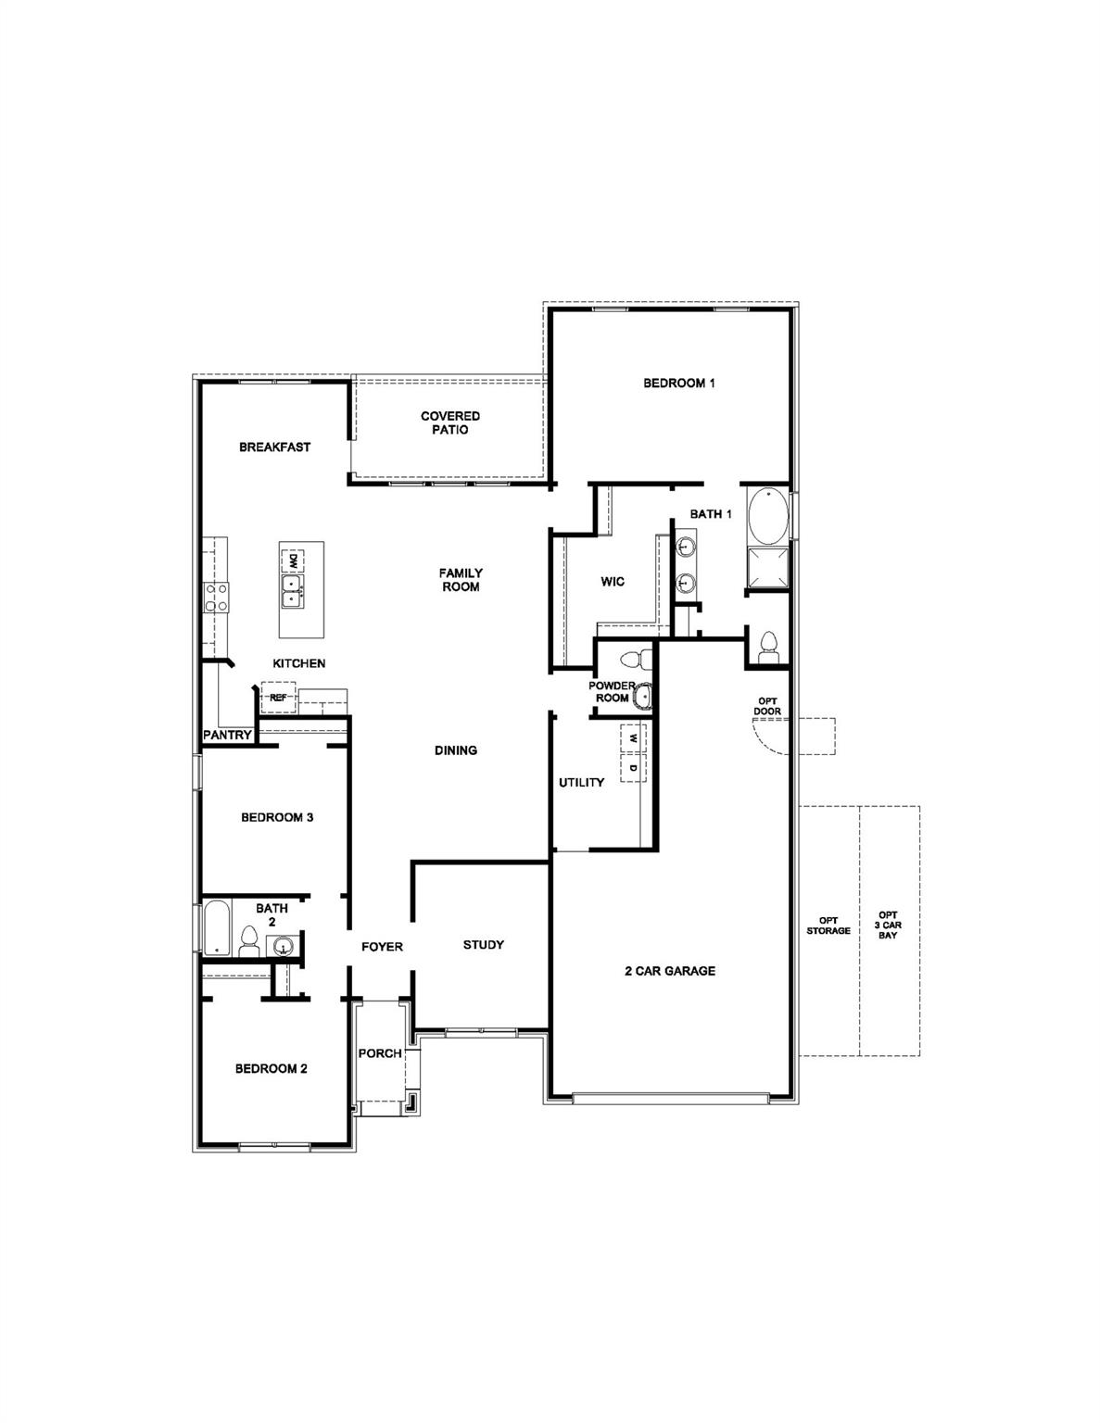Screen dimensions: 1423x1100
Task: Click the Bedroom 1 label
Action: (678, 383)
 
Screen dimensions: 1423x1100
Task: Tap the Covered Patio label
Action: (450, 423)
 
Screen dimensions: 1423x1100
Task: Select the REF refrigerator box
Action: (278, 697)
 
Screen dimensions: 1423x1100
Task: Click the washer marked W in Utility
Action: (633, 738)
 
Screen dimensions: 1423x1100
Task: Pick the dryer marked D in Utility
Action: (633, 768)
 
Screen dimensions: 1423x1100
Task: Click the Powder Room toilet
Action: (634, 660)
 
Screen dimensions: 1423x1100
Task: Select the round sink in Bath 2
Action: (282, 946)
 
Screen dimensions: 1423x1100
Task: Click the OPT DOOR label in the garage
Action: (768, 706)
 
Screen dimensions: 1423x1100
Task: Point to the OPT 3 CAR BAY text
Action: (888, 924)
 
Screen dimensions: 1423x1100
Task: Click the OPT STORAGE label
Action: (828, 926)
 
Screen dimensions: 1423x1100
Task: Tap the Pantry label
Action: (227, 735)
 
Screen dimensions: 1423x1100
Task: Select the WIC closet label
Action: (612, 582)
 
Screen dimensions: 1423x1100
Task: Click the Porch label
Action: (380, 1053)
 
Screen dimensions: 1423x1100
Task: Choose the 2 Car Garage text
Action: (669, 971)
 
